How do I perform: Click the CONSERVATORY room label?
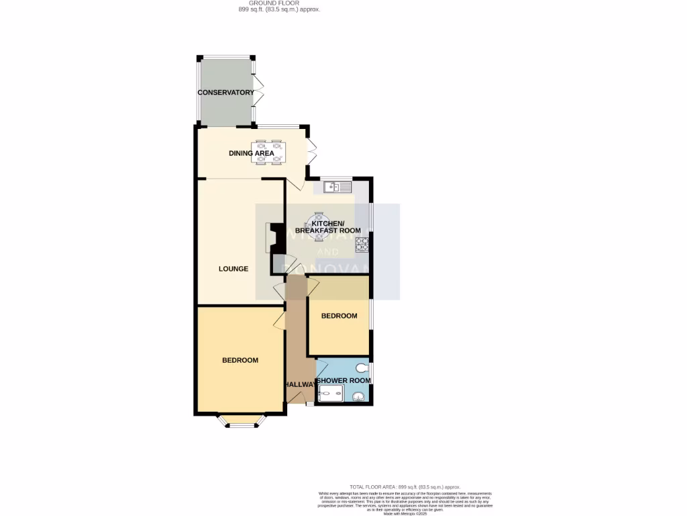(225, 93)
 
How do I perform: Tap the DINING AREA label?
(252, 153)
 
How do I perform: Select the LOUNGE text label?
(233, 269)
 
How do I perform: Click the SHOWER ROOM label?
(343, 381)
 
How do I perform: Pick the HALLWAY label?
(299, 384)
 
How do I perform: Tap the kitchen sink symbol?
(337, 186)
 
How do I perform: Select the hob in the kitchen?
(362, 244)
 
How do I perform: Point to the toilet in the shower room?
(363, 368)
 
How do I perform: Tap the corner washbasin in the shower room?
(359, 396)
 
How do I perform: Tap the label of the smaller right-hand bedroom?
(339, 316)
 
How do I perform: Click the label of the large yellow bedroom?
(240, 360)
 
